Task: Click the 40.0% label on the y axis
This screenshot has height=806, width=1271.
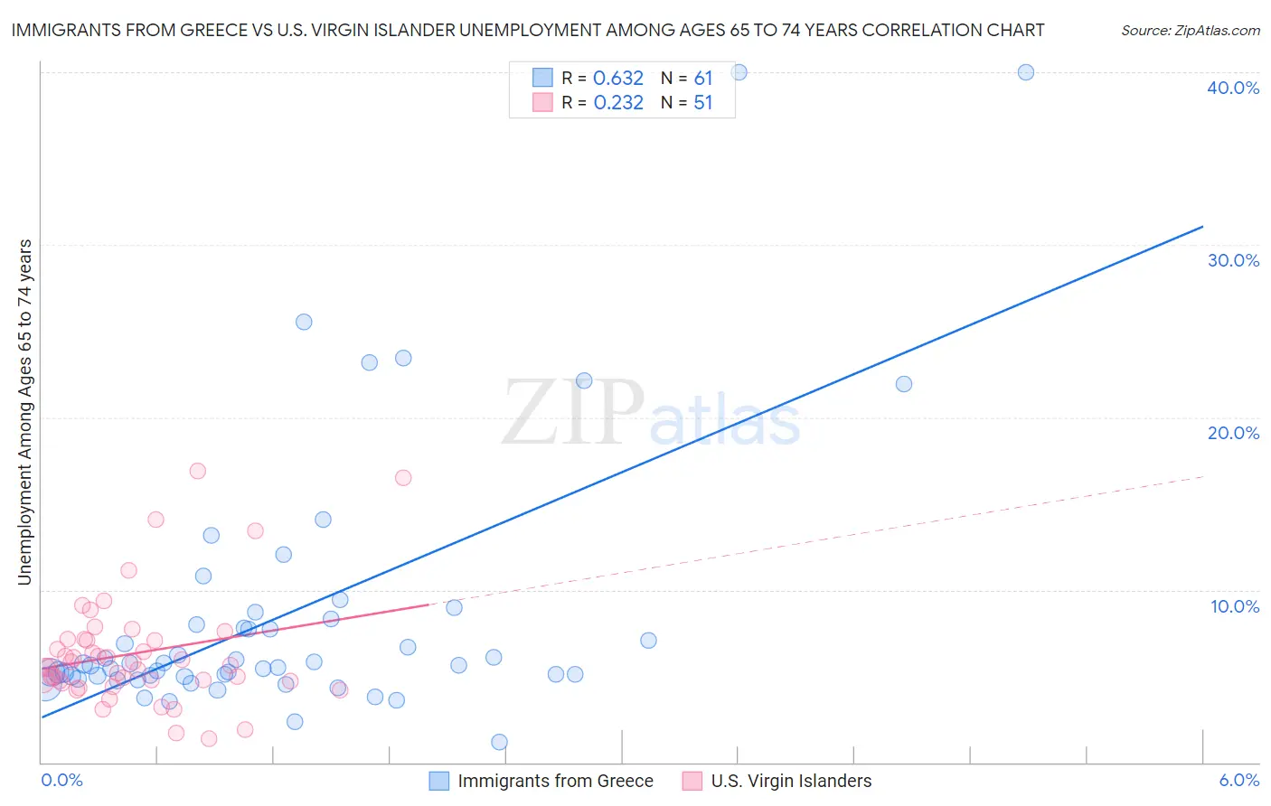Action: (x=1233, y=88)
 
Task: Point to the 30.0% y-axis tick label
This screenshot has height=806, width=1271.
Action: (x=1233, y=260)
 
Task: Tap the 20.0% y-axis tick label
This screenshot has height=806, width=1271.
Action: (x=1233, y=433)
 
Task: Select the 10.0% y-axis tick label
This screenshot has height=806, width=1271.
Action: (x=1235, y=606)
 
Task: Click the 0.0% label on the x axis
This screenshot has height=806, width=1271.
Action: (x=61, y=780)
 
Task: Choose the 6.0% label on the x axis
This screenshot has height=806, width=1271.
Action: (x=1239, y=780)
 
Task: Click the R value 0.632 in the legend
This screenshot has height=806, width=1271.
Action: (x=618, y=78)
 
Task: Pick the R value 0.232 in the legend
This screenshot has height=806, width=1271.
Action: (x=618, y=102)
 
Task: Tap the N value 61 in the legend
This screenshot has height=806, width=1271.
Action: (x=703, y=78)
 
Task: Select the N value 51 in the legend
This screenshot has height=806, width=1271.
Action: (x=703, y=102)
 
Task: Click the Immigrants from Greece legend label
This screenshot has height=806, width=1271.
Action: (x=555, y=781)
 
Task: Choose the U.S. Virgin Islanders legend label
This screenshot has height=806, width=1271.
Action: (x=791, y=781)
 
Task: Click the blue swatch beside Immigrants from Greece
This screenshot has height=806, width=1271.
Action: (x=438, y=781)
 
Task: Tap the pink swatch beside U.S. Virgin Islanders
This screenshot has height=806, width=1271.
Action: (x=692, y=781)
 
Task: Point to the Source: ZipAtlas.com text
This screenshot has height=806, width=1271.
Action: (x=1190, y=30)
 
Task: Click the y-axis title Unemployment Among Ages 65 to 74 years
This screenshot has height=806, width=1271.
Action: (x=24, y=411)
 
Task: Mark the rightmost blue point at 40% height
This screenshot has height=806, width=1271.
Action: (x=1025, y=72)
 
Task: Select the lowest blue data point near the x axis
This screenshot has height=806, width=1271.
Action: (x=499, y=742)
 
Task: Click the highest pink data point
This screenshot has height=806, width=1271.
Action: (x=197, y=471)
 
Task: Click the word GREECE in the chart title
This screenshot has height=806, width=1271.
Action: (x=212, y=30)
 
